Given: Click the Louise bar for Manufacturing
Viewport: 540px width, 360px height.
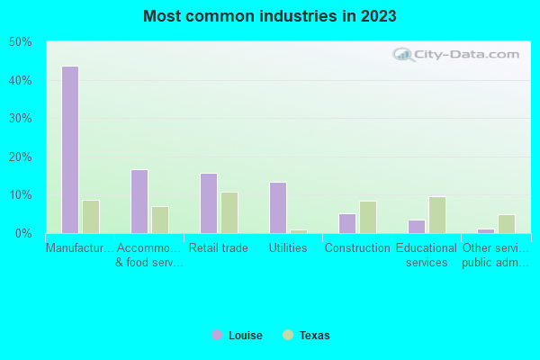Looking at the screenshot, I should (70, 149).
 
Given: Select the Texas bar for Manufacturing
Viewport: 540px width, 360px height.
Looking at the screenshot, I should (91, 217).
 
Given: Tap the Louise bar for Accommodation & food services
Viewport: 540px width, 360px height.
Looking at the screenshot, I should (139, 202).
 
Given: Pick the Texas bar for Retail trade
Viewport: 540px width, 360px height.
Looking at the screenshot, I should (229, 212).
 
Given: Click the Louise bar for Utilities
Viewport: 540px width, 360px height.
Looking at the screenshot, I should (278, 208).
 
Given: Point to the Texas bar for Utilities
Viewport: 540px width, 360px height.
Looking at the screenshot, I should (299, 231).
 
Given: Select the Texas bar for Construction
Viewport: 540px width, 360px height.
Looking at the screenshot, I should (368, 217).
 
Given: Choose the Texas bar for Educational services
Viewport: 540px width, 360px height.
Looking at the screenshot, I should (437, 215).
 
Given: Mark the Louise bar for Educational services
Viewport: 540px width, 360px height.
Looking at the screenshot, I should (417, 227).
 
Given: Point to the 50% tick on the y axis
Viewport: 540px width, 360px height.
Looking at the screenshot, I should (20, 42).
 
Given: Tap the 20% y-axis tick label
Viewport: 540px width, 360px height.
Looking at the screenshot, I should (20, 157).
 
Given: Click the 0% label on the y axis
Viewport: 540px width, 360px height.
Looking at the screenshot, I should (23, 233).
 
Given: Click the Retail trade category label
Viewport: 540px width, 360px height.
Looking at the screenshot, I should (219, 247).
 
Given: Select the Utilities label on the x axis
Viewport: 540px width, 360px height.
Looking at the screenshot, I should (288, 247).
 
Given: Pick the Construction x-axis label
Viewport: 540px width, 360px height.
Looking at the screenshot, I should (357, 247).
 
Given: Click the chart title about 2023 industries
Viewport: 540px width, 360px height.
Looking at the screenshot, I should (270, 16).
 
